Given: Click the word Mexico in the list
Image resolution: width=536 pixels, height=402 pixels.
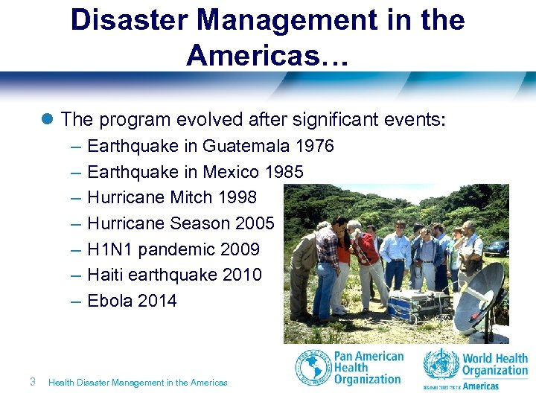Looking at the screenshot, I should tap(232, 172).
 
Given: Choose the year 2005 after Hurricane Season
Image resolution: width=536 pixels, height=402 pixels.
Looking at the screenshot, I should tap(254, 223).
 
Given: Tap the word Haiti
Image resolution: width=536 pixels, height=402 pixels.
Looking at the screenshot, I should tap(105, 275).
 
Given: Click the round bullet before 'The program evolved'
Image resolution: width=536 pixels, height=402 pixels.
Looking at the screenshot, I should tap(48, 119).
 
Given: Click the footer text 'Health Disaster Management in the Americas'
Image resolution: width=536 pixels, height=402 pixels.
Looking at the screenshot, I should tap(138, 383).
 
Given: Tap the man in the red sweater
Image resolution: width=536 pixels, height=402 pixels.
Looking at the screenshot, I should tap(364, 257).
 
